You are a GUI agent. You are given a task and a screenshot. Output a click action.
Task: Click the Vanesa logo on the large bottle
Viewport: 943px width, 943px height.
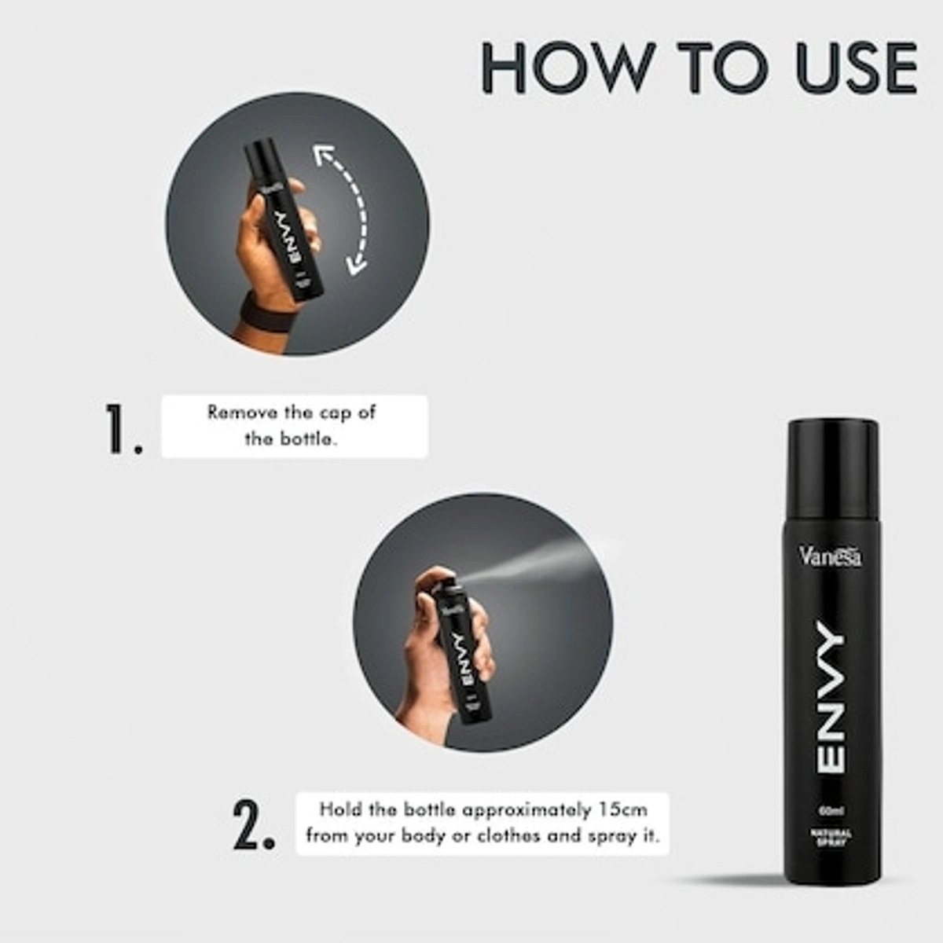[831, 556]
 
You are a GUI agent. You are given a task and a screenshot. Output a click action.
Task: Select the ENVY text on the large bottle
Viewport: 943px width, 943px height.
[831, 695]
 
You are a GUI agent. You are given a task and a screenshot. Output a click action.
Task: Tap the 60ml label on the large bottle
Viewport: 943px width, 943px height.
[831, 810]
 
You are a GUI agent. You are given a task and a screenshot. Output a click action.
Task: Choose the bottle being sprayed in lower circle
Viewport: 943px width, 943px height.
[460, 652]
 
